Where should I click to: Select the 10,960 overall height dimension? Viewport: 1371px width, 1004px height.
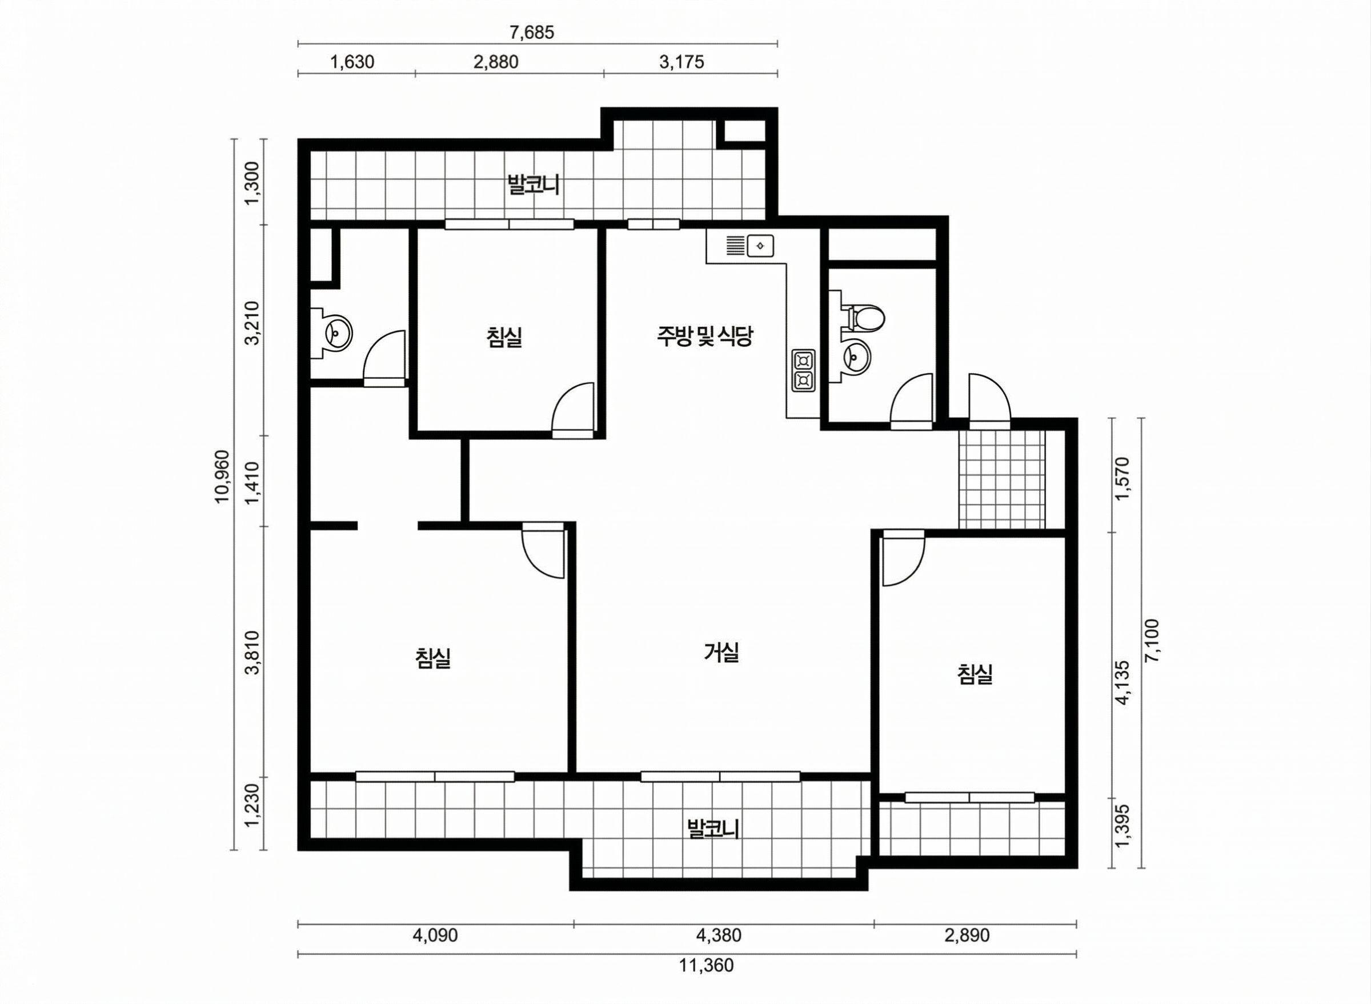click(x=223, y=477)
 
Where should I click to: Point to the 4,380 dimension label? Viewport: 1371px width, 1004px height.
click(x=719, y=935)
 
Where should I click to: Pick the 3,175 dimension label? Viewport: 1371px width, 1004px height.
click(x=682, y=62)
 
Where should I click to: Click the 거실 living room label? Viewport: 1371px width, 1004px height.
click(x=721, y=653)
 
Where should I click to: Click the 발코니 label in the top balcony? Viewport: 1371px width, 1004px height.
click(x=533, y=185)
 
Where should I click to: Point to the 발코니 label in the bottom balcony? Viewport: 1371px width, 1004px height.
click(x=712, y=829)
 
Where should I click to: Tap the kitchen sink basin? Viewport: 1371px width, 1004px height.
click(x=759, y=246)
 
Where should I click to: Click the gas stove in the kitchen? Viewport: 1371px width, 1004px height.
click(x=803, y=370)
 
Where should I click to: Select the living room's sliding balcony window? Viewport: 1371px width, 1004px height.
click(x=720, y=776)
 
